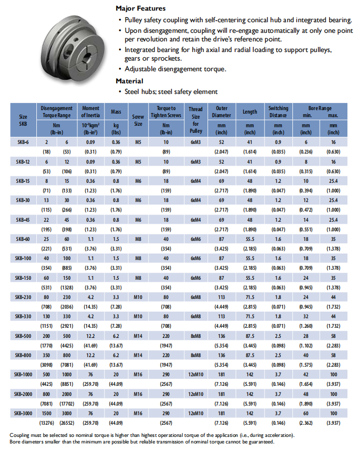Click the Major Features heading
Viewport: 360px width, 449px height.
tap(140, 9)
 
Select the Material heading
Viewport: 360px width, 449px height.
tap(129, 81)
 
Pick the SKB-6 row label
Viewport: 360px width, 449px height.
tap(22, 142)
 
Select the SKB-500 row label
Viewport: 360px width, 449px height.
tap(22, 336)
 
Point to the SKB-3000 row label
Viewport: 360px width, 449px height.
tap(22, 413)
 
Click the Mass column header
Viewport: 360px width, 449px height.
tap(116, 111)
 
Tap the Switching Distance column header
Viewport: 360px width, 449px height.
tap(278, 112)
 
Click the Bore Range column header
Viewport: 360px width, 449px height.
tap(320, 108)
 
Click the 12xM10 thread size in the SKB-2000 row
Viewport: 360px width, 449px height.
tap(195, 393)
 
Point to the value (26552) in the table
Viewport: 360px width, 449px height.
tap(67, 422)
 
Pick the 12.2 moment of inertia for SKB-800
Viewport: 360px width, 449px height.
tap(91, 355)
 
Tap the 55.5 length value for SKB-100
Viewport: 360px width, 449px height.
tap(250, 259)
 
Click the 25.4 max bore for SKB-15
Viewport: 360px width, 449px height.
tap(333, 181)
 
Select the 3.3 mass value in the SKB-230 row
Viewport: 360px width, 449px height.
tap(116, 297)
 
